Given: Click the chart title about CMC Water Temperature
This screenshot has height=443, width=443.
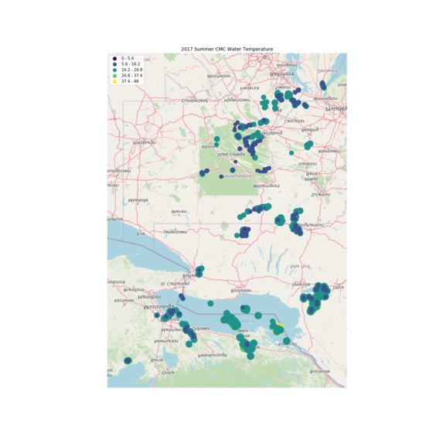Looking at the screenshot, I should (227, 49).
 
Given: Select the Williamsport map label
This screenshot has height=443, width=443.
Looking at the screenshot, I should (266, 186).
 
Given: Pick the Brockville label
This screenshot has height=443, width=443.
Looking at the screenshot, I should (319, 371).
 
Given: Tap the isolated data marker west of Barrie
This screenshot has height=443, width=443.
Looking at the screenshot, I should (128, 360).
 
